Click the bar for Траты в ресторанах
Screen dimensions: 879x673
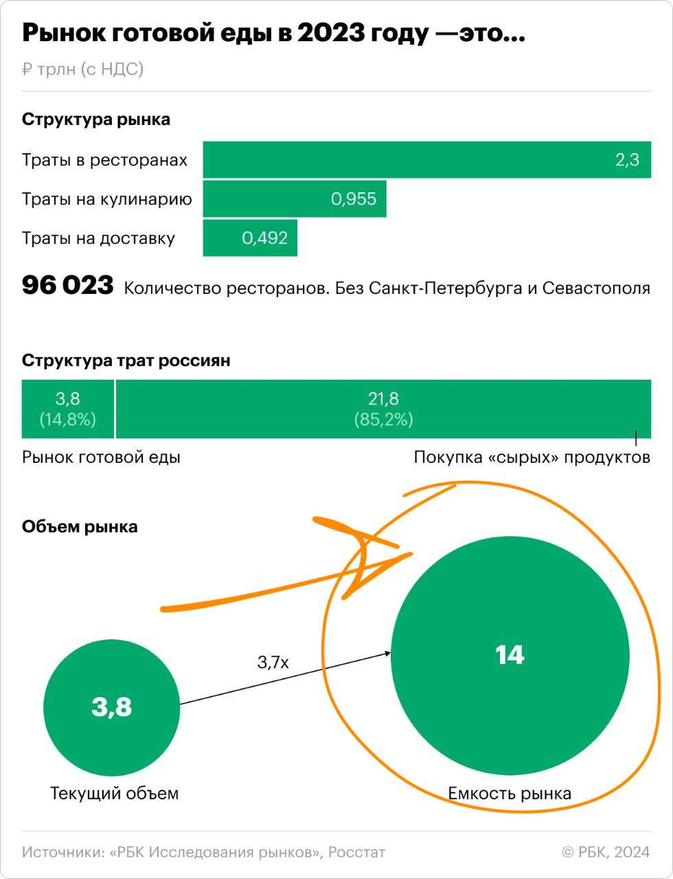pyautogui.click(x=426, y=160)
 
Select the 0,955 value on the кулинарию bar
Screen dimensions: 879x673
pyautogui.click(x=354, y=199)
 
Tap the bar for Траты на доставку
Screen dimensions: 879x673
pyautogui.click(x=250, y=238)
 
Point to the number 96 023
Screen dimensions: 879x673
pyautogui.click(x=67, y=286)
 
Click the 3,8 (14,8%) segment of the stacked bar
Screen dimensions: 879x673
pyautogui.click(x=67, y=409)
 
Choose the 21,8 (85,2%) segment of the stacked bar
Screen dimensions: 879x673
pyautogui.click(x=383, y=409)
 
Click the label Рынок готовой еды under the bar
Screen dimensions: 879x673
pyautogui.click(x=101, y=457)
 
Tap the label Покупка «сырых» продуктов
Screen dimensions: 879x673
pyautogui.click(x=532, y=457)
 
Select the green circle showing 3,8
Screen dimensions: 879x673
pyautogui.click(x=111, y=707)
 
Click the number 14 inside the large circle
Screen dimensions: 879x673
pyautogui.click(x=510, y=655)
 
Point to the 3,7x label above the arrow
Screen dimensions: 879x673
pyautogui.click(x=273, y=662)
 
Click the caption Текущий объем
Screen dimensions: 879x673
pyautogui.click(x=114, y=793)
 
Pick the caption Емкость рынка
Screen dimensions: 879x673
pyautogui.click(x=510, y=793)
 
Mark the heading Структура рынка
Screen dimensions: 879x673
pyautogui.click(x=96, y=119)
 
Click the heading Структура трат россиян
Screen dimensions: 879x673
pyautogui.click(x=126, y=361)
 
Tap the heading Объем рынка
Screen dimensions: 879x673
pyautogui.click(x=80, y=527)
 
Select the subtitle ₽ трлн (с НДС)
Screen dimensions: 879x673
pyautogui.click(x=82, y=69)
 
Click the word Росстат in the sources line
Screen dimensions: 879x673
pyautogui.click(x=356, y=852)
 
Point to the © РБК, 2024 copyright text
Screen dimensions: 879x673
pyautogui.click(x=606, y=852)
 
